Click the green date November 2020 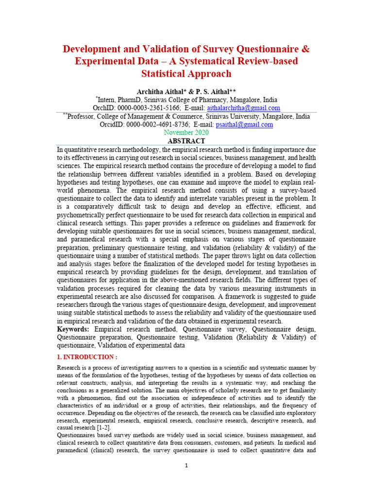point(186,132)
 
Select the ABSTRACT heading point(186,141)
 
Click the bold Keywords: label point(73,330)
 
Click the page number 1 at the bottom point(186,465)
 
